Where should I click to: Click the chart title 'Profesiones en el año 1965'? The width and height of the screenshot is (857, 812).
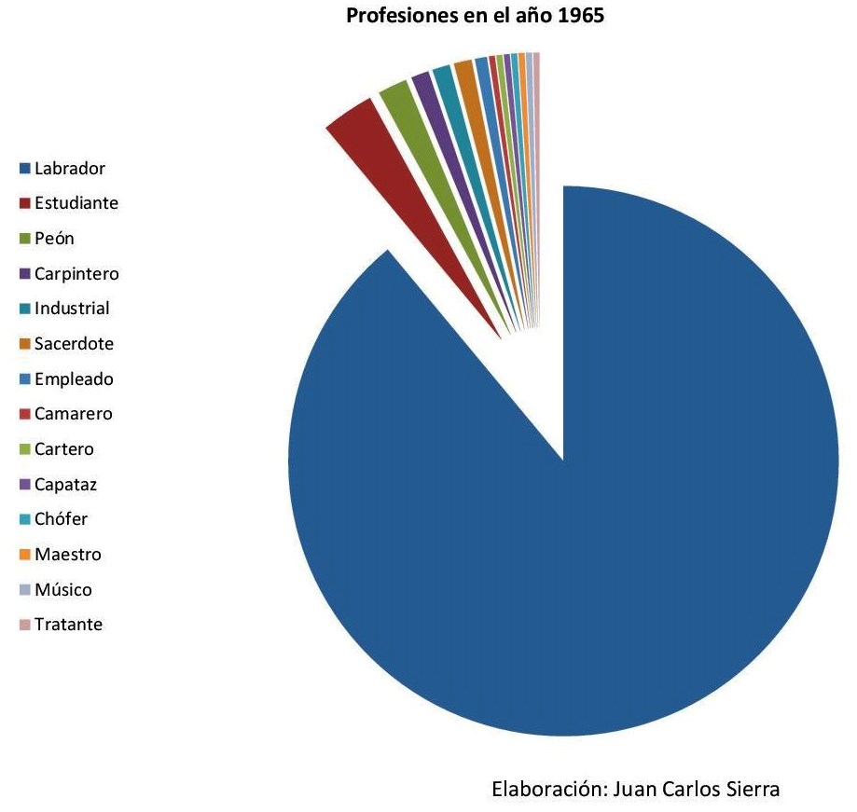point(476,16)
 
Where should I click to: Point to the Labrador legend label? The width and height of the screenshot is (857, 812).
point(69,169)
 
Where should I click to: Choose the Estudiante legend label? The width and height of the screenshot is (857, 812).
point(76,203)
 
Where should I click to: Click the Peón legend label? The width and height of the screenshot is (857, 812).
point(54,239)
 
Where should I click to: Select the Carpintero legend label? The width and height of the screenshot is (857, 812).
point(76,274)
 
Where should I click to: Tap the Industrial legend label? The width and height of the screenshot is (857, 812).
point(72,309)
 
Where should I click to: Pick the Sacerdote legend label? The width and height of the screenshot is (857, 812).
point(74,344)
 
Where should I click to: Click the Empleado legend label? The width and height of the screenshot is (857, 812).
point(74,379)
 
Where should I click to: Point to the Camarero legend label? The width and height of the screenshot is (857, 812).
point(73,414)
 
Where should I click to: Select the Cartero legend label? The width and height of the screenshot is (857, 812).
point(63,449)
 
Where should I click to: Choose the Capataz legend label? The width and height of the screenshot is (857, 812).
point(65,485)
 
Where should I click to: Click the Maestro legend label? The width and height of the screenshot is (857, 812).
point(67,555)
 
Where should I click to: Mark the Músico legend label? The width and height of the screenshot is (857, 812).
point(62,590)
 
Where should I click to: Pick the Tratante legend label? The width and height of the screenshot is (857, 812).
point(68,625)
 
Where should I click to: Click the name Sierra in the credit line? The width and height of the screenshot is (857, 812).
point(751,789)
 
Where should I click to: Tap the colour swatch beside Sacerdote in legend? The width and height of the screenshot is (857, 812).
point(25,345)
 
